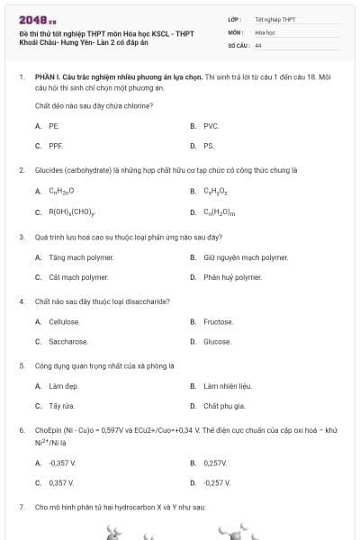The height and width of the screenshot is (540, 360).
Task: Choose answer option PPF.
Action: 56,146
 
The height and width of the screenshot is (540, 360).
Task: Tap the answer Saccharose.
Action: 68,342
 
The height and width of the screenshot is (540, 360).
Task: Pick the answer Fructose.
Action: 218,322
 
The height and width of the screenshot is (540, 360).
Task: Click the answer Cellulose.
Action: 65,322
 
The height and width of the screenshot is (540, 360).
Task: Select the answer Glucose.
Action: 217,342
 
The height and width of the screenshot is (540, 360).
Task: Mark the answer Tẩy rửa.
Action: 61,407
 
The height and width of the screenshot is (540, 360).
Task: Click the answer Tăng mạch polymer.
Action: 78,257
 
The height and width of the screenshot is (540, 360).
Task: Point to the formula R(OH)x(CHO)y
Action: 72,213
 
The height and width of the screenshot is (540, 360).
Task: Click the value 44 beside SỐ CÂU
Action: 258,45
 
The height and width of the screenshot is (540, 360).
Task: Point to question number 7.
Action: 22,508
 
